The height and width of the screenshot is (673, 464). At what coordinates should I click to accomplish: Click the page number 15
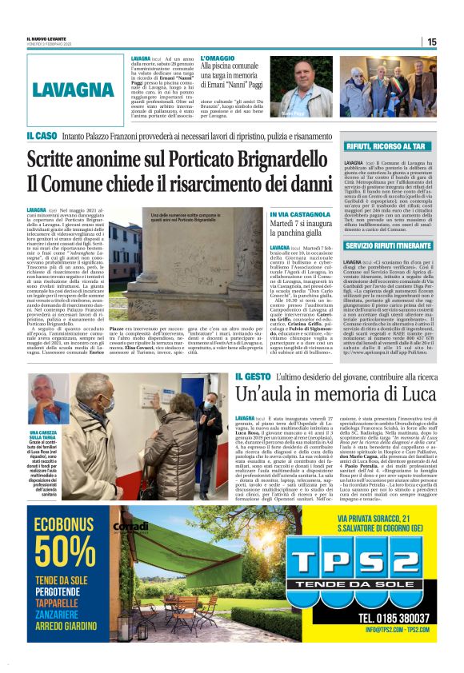pyautogui.click(x=431, y=42)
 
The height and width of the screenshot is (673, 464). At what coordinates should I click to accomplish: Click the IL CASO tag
pyautogui.click(x=40, y=137)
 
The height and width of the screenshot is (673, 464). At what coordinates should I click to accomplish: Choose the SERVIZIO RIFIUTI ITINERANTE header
pyautogui.click(x=390, y=247)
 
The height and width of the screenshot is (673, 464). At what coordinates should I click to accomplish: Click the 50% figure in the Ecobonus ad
pyautogui.click(x=66, y=551)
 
